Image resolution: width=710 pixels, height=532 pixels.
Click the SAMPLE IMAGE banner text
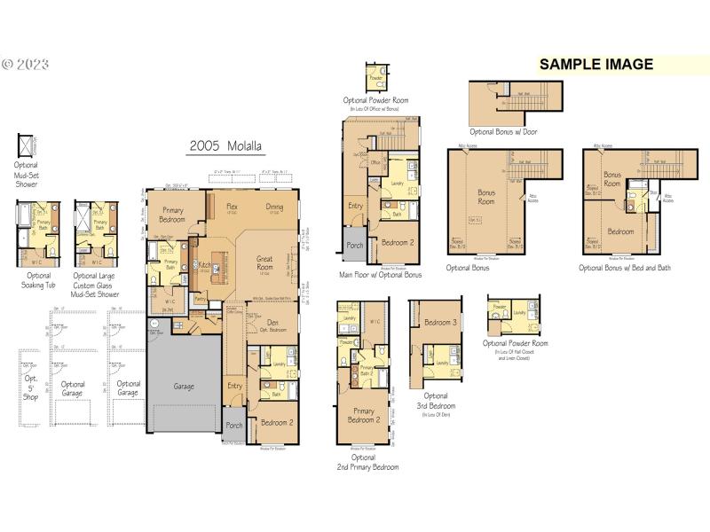(596, 64)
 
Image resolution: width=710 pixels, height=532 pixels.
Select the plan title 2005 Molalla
(225, 146)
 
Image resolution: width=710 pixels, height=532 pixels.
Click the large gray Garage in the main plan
(184, 387)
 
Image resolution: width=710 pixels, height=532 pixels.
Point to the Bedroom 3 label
(440, 322)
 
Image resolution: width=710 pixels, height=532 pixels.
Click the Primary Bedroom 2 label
(363, 416)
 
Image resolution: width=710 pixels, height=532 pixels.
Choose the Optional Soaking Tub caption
(37, 280)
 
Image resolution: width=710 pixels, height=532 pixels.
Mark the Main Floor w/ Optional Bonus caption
(380, 275)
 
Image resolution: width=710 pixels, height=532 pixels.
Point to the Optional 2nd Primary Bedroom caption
(367, 462)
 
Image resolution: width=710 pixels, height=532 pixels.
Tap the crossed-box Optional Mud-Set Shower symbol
(26, 145)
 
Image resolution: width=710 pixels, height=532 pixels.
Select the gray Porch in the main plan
(233, 425)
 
